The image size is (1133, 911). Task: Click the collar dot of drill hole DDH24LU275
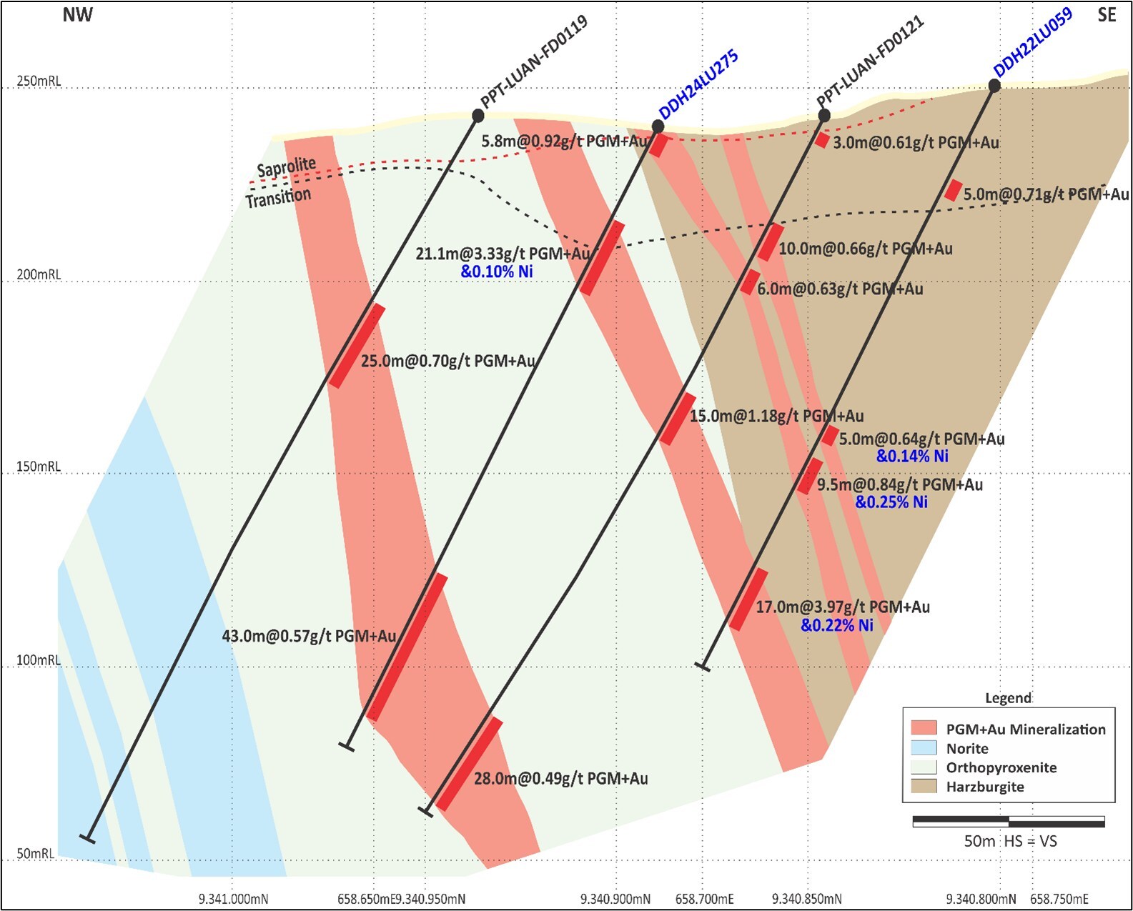pyautogui.click(x=658, y=126)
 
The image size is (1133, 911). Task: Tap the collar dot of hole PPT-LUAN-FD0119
pyautogui.click(x=478, y=115)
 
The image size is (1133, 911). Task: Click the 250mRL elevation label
pyautogui.click(x=39, y=81)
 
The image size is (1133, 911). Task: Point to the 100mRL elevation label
pyautogui.click(x=39, y=659)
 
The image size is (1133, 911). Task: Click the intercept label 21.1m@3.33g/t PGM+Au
pyautogui.click(x=503, y=254)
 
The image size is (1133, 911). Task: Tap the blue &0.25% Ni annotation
pyautogui.click(x=891, y=502)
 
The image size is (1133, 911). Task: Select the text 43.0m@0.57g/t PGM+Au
pyautogui.click(x=309, y=636)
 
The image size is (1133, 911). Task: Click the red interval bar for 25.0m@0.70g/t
pyautogui.click(x=357, y=346)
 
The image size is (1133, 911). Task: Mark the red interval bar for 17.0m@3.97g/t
pyautogui.click(x=748, y=599)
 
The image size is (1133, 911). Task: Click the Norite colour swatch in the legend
pyautogui.click(x=924, y=748)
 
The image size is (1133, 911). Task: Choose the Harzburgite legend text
pyautogui.click(x=984, y=787)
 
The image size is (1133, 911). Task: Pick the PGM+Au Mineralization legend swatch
pyautogui.click(x=924, y=729)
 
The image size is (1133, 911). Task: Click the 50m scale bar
pyautogui.click(x=1009, y=822)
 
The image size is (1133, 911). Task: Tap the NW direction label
pyautogui.click(x=77, y=15)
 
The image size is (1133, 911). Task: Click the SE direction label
pyautogui.click(x=1106, y=15)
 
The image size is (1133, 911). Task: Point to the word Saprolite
pyautogui.click(x=286, y=168)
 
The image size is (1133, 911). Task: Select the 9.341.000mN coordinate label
pyautogui.click(x=233, y=898)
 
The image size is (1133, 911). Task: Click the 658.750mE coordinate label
pyautogui.click(x=1059, y=898)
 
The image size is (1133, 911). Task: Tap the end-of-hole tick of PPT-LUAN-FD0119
pyautogui.click(x=87, y=837)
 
